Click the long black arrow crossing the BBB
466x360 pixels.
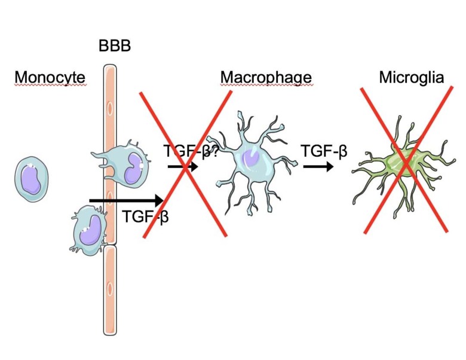click(126, 200)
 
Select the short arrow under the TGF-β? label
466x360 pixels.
click(182, 167)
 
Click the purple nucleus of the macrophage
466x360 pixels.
click(252, 159)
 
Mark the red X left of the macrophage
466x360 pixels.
click(185, 164)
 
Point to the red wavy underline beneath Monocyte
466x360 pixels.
click(50, 86)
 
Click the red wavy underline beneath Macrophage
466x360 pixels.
click(266, 86)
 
